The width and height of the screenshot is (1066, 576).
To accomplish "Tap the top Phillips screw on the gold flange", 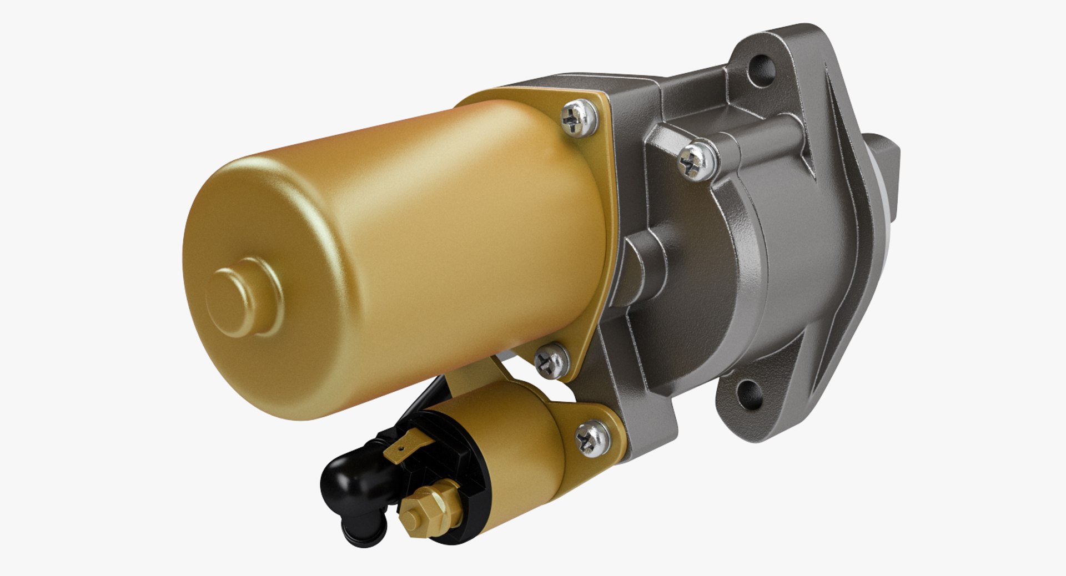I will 578,118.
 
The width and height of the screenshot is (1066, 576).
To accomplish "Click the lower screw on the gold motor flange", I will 551,361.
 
